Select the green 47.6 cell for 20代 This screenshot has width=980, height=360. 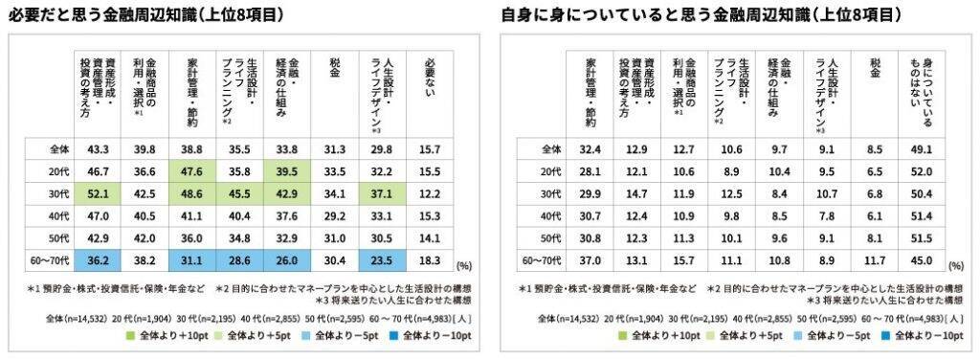[x=189, y=171]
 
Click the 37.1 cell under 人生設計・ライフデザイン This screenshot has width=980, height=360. [x=381, y=192]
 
